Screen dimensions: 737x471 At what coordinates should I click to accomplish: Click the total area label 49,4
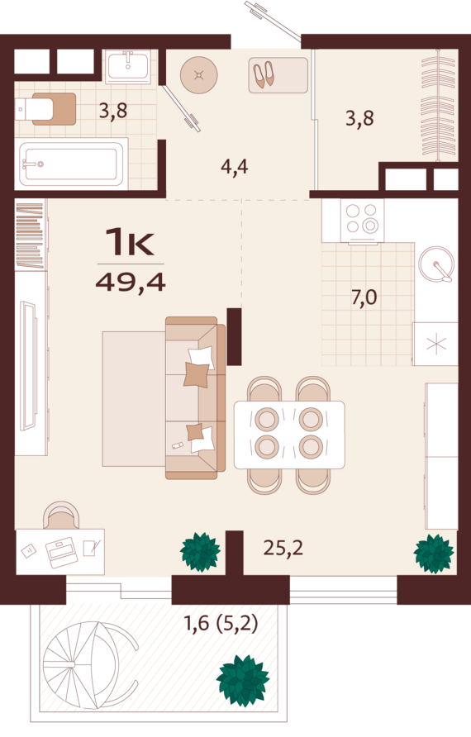pos(131,282)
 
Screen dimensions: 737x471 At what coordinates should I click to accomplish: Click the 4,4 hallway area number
pos(235,167)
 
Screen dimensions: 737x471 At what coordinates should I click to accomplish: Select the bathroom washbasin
pos(127,65)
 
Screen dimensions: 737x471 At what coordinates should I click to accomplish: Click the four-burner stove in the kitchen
pos(362,219)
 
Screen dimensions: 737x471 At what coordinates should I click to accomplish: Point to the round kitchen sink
pos(436,265)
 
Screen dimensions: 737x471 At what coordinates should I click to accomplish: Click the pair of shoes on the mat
pos(264,75)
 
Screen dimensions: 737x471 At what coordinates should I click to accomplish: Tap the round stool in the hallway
pos(198,75)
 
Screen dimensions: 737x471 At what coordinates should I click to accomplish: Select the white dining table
pos(288,434)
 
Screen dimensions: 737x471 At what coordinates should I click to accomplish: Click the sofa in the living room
pos(195,397)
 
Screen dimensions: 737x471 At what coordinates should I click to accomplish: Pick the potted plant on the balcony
pos(242,680)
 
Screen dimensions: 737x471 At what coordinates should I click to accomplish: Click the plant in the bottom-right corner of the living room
pos(434,553)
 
